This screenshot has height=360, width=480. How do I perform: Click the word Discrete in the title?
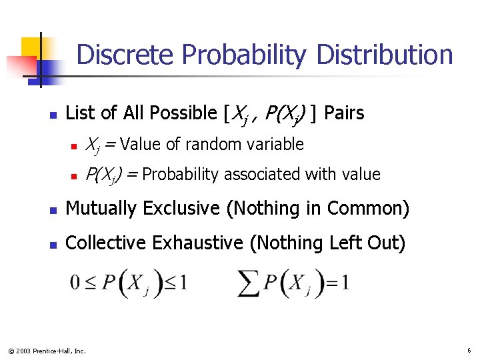[126, 55]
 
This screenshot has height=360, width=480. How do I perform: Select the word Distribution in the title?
[385, 55]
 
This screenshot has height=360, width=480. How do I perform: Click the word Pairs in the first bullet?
[344, 113]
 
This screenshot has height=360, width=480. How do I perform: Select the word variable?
[273, 144]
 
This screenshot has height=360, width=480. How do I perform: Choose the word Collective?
[107, 243]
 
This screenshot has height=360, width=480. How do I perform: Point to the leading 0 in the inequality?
[75, 283]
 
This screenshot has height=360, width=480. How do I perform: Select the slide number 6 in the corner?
[469, 350]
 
